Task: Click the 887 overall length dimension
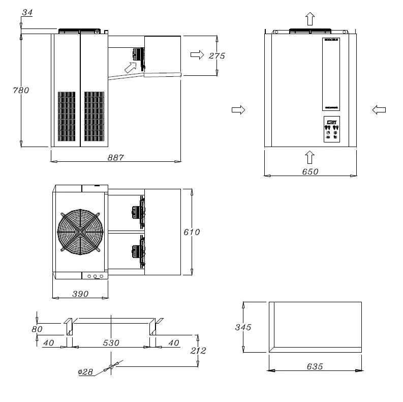point(116,157)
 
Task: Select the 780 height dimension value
point(21,90)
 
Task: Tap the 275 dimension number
point(217,55)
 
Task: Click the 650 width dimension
point(310,171)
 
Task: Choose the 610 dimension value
point(192,232)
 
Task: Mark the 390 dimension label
point(80,294)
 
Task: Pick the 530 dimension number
point(111,343)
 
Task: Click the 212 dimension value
point(199,351)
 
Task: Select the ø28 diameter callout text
point(85,372)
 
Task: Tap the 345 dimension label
point(243,327)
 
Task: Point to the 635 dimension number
point(314,366)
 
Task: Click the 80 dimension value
point(37,329)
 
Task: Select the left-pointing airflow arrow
point(379,109)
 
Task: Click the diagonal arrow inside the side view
point(131,66)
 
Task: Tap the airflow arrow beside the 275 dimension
point(197,55)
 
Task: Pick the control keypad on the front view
point(331,129)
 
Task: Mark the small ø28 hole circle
point(111,367)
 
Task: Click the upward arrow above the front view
point(310,19)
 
